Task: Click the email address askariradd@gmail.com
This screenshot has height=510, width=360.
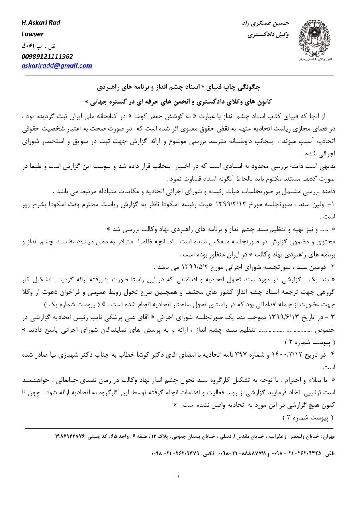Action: tap(57, 66)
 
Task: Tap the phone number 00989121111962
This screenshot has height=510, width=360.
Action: tap(47, 56)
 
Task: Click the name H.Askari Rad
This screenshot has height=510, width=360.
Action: tap(41, 22)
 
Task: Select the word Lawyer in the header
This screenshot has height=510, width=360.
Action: tap(32, 34)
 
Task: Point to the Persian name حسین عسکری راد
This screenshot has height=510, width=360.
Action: tap(265, 23)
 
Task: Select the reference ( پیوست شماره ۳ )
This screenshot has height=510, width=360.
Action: tap(307, 417)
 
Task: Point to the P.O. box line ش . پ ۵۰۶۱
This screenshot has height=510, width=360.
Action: tap(35, 45)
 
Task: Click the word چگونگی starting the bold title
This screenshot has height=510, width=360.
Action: tap(247, 86)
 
